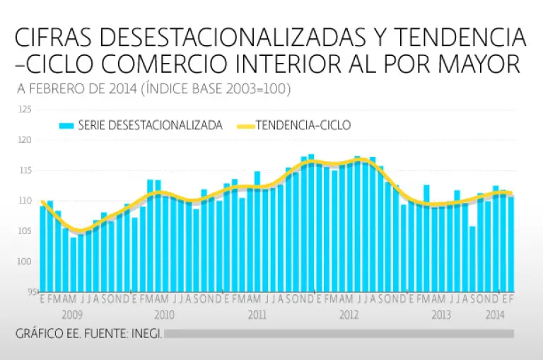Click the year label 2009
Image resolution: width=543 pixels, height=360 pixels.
pos(73,314)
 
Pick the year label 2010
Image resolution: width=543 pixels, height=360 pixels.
pos(164,314)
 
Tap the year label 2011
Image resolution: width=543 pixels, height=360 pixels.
pos(257,314)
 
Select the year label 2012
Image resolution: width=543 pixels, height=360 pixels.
pos(349,314)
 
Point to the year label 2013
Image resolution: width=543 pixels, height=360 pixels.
pos(441,314)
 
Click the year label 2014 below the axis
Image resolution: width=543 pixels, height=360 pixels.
pos(494,314)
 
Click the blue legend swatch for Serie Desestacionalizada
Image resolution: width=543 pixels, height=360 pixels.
pos(66,126)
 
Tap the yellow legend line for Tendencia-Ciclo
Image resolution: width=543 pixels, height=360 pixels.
pos(241,126)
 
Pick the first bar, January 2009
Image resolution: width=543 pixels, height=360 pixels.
pos(42,248)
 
